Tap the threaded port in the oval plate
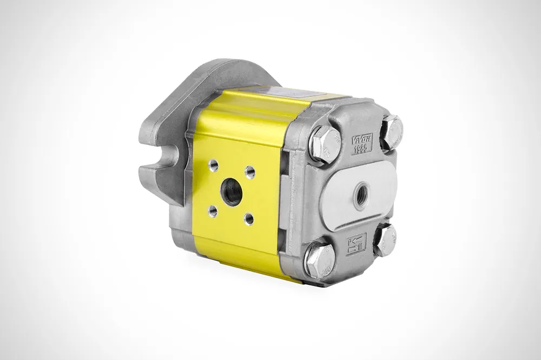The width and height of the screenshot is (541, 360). click(361, 190)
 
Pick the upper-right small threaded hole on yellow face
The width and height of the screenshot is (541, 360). click(250, 172)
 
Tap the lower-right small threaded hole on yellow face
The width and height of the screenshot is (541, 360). click(248, 218)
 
